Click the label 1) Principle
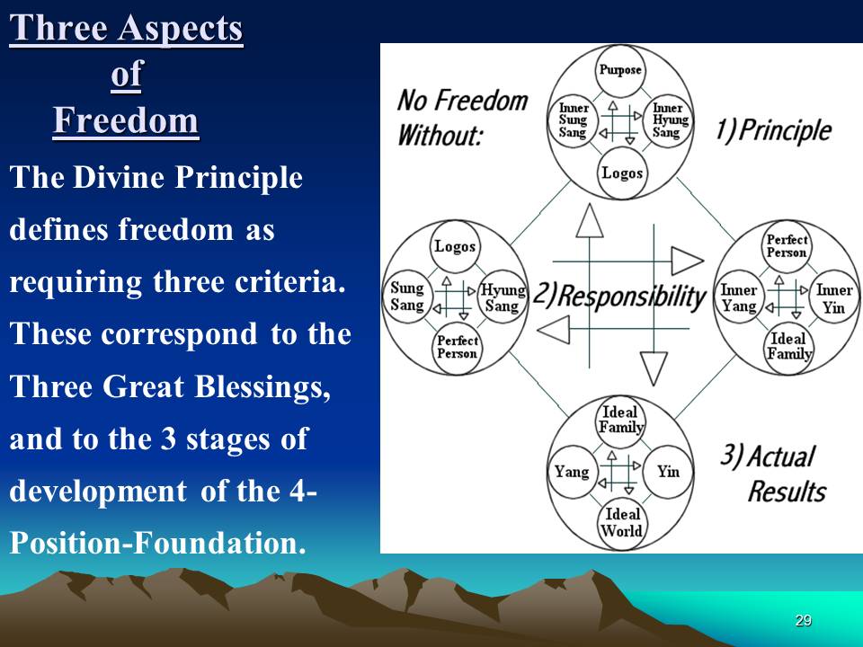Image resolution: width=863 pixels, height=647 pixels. point(773,131)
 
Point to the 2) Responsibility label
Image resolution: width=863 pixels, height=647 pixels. point(619,297)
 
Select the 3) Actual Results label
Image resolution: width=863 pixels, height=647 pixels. point(774,474)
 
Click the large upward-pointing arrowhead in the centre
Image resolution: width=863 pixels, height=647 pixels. point(590,221)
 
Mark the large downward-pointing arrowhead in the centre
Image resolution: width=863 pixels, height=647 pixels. point(654,368)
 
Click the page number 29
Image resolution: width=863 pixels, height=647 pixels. point(804,621)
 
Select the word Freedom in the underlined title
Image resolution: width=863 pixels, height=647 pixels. point(126,120)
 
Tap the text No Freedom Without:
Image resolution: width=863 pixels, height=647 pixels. point(462,117)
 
